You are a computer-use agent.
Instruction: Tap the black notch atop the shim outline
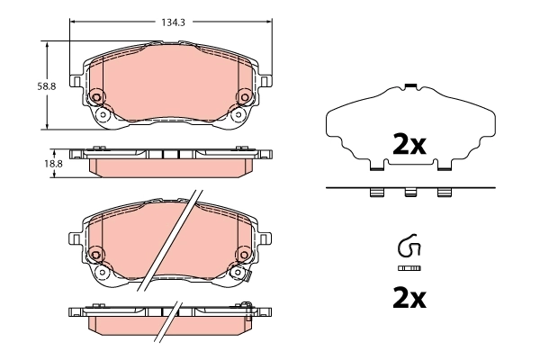409,85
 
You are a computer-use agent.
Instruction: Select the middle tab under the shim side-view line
409,193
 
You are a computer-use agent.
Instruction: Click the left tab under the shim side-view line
376,193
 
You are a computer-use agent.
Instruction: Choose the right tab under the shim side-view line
443,193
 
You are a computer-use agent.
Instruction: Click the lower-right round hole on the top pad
238,114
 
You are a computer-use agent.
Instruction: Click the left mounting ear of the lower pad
76,238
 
